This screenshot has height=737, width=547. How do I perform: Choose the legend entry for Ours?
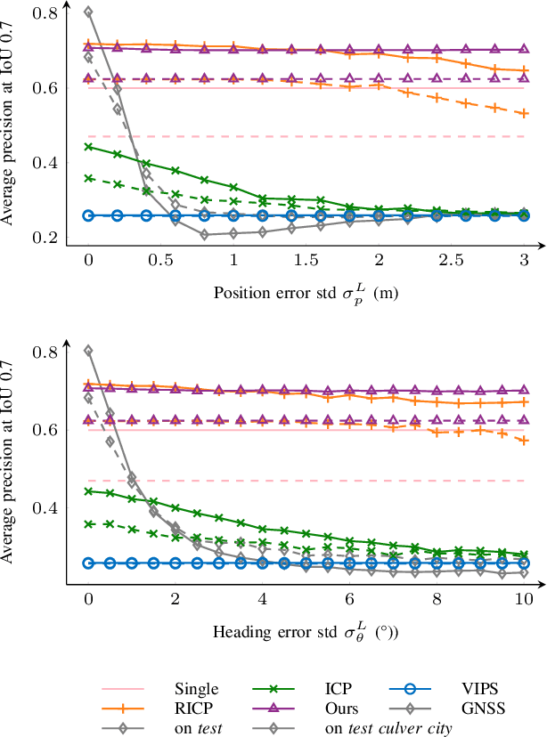[x=342, y=709]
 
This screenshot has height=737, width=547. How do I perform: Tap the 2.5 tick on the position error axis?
[x=452, y=258]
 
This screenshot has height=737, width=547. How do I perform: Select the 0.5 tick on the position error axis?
[x=160, y=258]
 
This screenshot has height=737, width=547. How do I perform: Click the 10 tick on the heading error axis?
[x=524, y=600]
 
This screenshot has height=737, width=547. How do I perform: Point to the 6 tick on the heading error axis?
[x=349, y=600]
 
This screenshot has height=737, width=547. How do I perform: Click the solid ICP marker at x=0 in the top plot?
[x=88, y=147]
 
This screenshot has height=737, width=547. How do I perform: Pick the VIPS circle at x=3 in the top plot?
[x=524, y=215]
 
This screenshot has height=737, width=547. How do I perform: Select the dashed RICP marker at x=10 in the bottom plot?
[x=524, y=441]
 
